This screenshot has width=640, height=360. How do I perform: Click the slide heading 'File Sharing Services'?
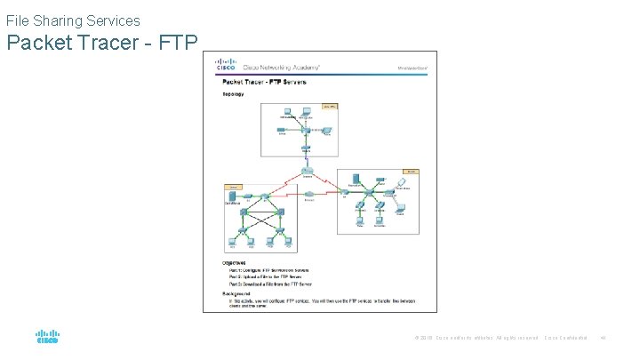pyautogui.click(x=73, y=19)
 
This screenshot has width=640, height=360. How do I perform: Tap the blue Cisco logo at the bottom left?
pyautogui.click(x=47, y=338)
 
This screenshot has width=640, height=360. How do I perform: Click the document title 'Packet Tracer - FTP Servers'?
pyautogui.click(x=264, y=82)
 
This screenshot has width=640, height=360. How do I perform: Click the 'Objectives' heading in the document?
pyautogui.click(x=236, y=262)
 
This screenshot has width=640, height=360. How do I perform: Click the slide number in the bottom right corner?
pyautogui.click(x=602, y=338)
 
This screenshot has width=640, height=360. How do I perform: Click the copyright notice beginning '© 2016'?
pyautogui.click(x=476, y=338)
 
